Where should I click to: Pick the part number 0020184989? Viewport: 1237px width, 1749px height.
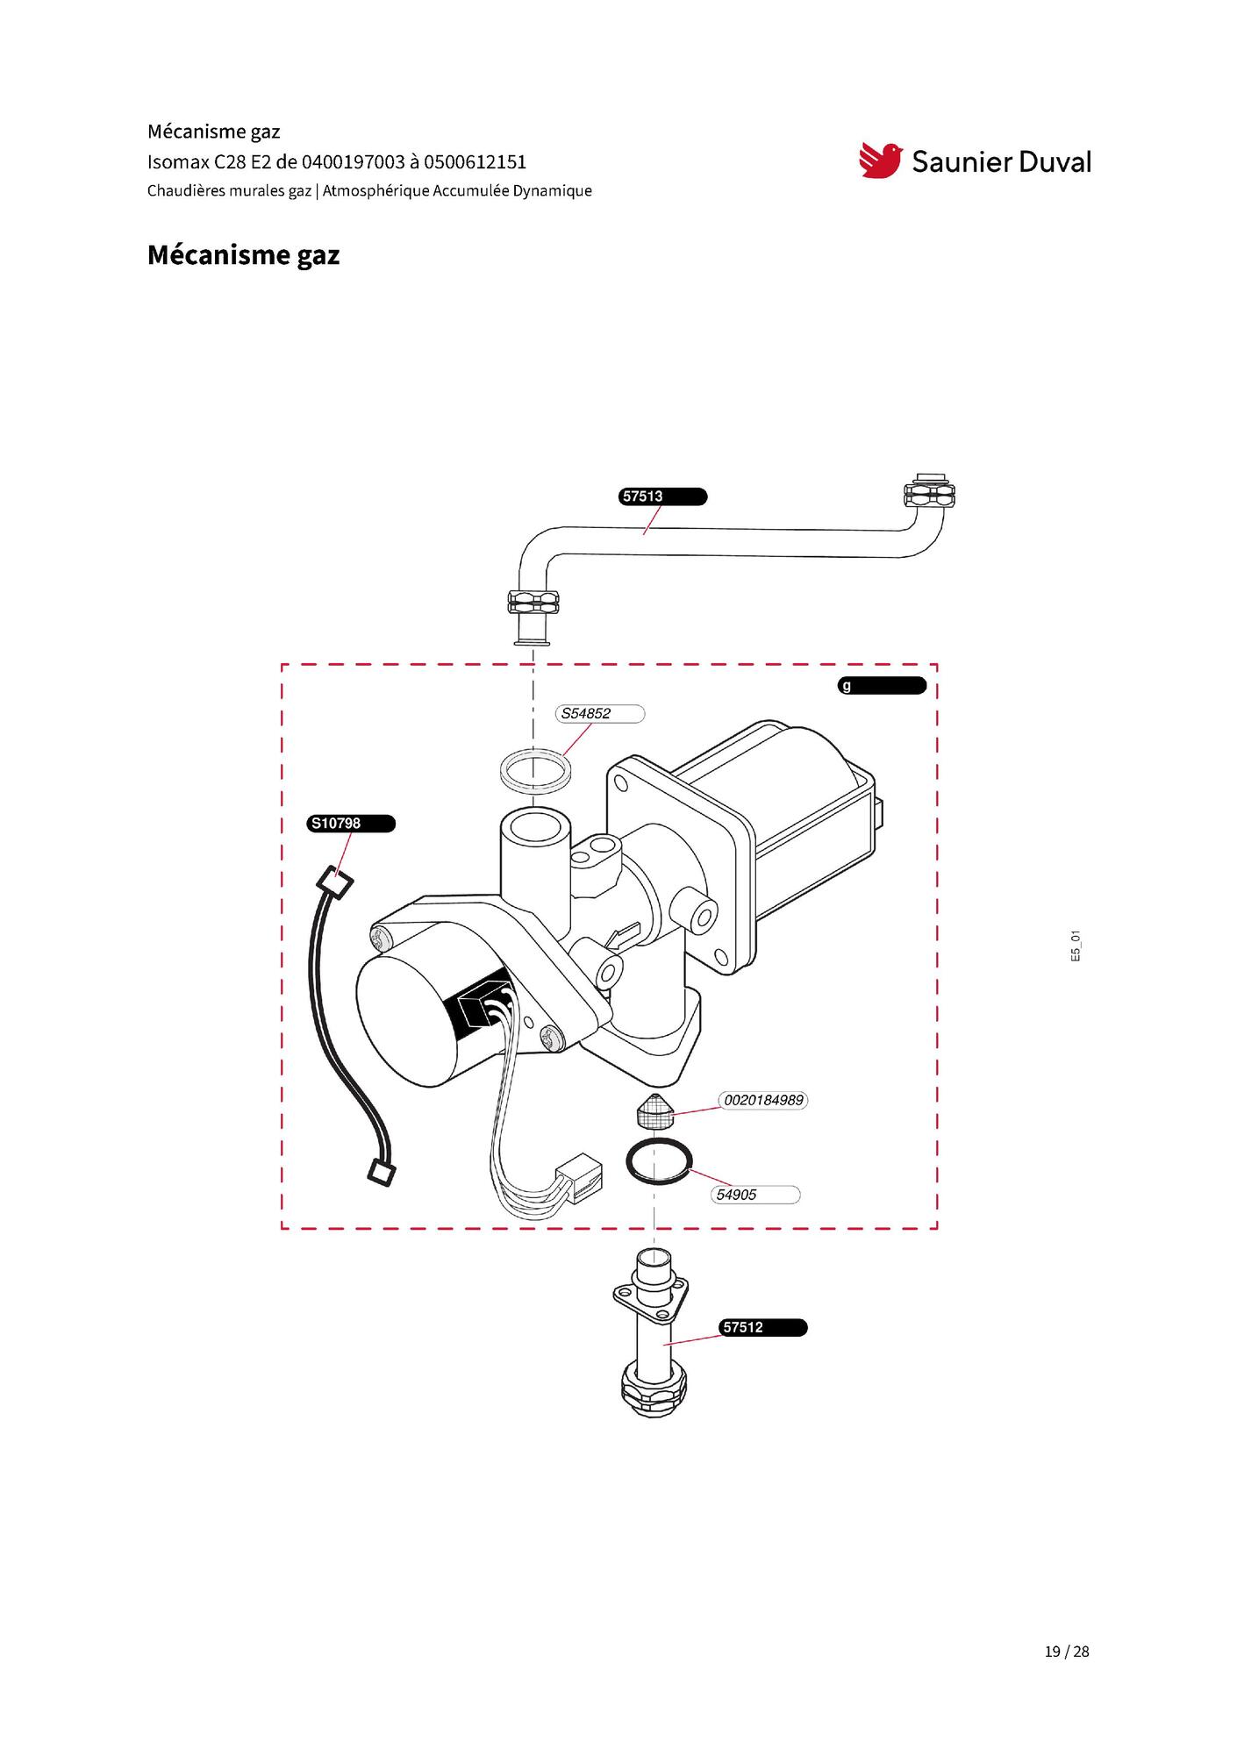click(x=763, y=1100)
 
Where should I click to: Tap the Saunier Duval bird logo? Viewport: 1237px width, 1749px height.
click(x=881, y=161)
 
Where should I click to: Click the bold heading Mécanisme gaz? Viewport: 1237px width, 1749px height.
click(x=243, y=255)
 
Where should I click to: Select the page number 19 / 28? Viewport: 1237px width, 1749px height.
click(x=1067, y=1652)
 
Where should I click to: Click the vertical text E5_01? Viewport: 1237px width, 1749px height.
click(x=1076, y=946)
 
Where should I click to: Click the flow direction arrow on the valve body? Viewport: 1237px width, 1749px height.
click(x=618, y=937)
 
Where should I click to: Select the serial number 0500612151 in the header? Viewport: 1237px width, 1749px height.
click(x=475, y=162)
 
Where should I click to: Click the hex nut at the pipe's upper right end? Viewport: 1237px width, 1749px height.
click(x=928, y=496)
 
